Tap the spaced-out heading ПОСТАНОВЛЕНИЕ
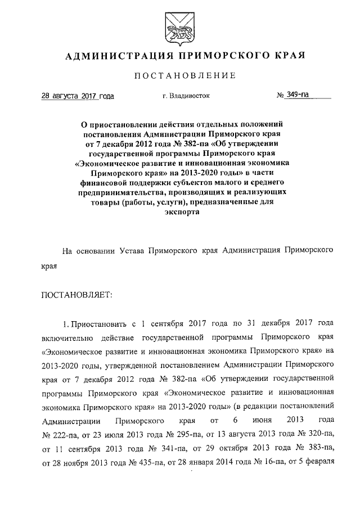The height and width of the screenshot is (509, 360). [179, 75]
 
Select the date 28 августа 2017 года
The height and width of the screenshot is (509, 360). [78, 96]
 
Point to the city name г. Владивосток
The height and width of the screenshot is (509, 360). [185, 96]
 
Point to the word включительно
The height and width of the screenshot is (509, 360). [65, 339]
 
